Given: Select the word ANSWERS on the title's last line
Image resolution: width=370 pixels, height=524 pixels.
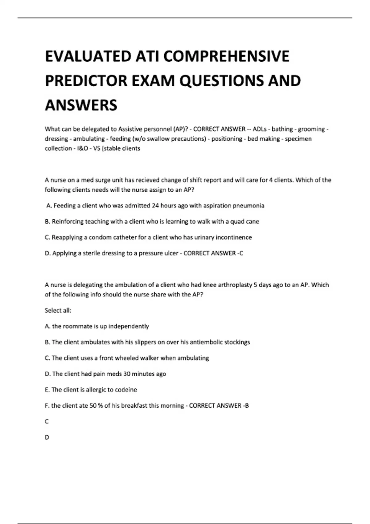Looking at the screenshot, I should pos(81,105).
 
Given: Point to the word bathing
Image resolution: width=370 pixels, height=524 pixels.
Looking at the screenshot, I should pos(282,129).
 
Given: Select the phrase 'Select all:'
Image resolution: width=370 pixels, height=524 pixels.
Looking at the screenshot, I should pos(58,310).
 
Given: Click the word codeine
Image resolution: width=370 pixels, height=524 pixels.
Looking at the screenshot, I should pos(126,390).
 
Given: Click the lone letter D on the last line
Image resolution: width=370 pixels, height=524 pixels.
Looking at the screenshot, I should pos(47,437).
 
